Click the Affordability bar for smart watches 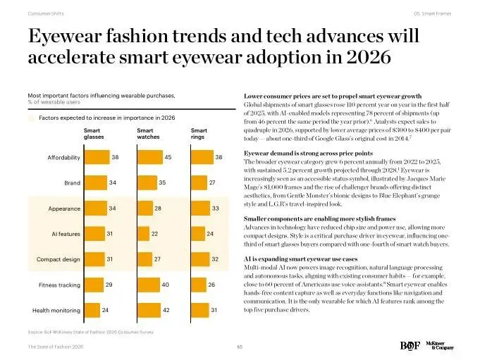click(149, 157)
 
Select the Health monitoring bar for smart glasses click(91, 310)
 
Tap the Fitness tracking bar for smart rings click(197, 285)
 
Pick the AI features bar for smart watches click(142, 233)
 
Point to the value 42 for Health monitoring click(166, 310)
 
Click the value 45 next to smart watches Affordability click(168, 157)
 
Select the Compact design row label click(58, 259)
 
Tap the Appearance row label click(63, 209)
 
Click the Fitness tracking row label click(59, 285)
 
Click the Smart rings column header click(199, 134)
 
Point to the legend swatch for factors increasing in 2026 click(31, 118)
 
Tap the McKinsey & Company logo click(438, 346)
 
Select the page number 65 click(240, 346)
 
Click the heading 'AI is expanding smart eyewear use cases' click(301, 260)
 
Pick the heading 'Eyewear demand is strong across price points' click(308, 153)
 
